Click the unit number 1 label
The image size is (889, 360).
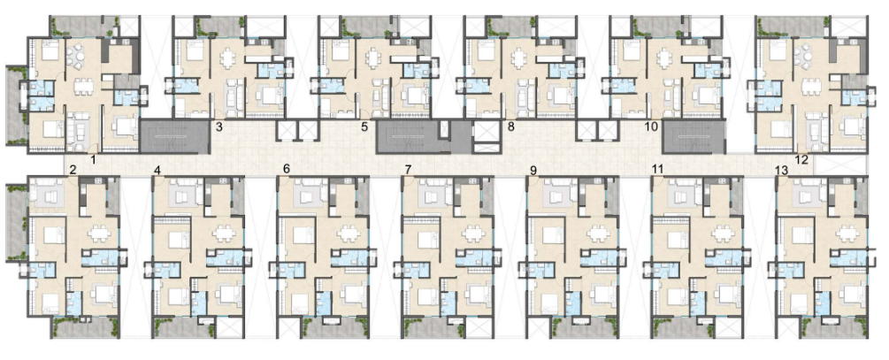click(x=93, y=160)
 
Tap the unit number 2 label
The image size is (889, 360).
click(x=73, y=170)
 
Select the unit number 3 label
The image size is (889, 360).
click(x=218, y=127)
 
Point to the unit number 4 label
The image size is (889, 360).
click(x=157, y=170)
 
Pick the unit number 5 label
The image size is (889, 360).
click(x=364, y=127)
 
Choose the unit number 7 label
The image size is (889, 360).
click(x=409, y=170)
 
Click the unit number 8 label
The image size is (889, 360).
click(x=510, y=127)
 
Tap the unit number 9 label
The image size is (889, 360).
click(x=533, y=170)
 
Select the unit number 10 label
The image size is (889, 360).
click(x=651, y=127)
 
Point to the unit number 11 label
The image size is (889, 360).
click(x=657, y=169)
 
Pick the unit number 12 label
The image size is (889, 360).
click(x=801, y=160)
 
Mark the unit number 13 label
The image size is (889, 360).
click(x=781, y=170)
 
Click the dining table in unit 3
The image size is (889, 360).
click(x=228, y=57)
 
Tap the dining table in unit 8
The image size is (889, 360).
click(x=520, y=57)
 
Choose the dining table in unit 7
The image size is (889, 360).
click(x=474, y=234)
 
